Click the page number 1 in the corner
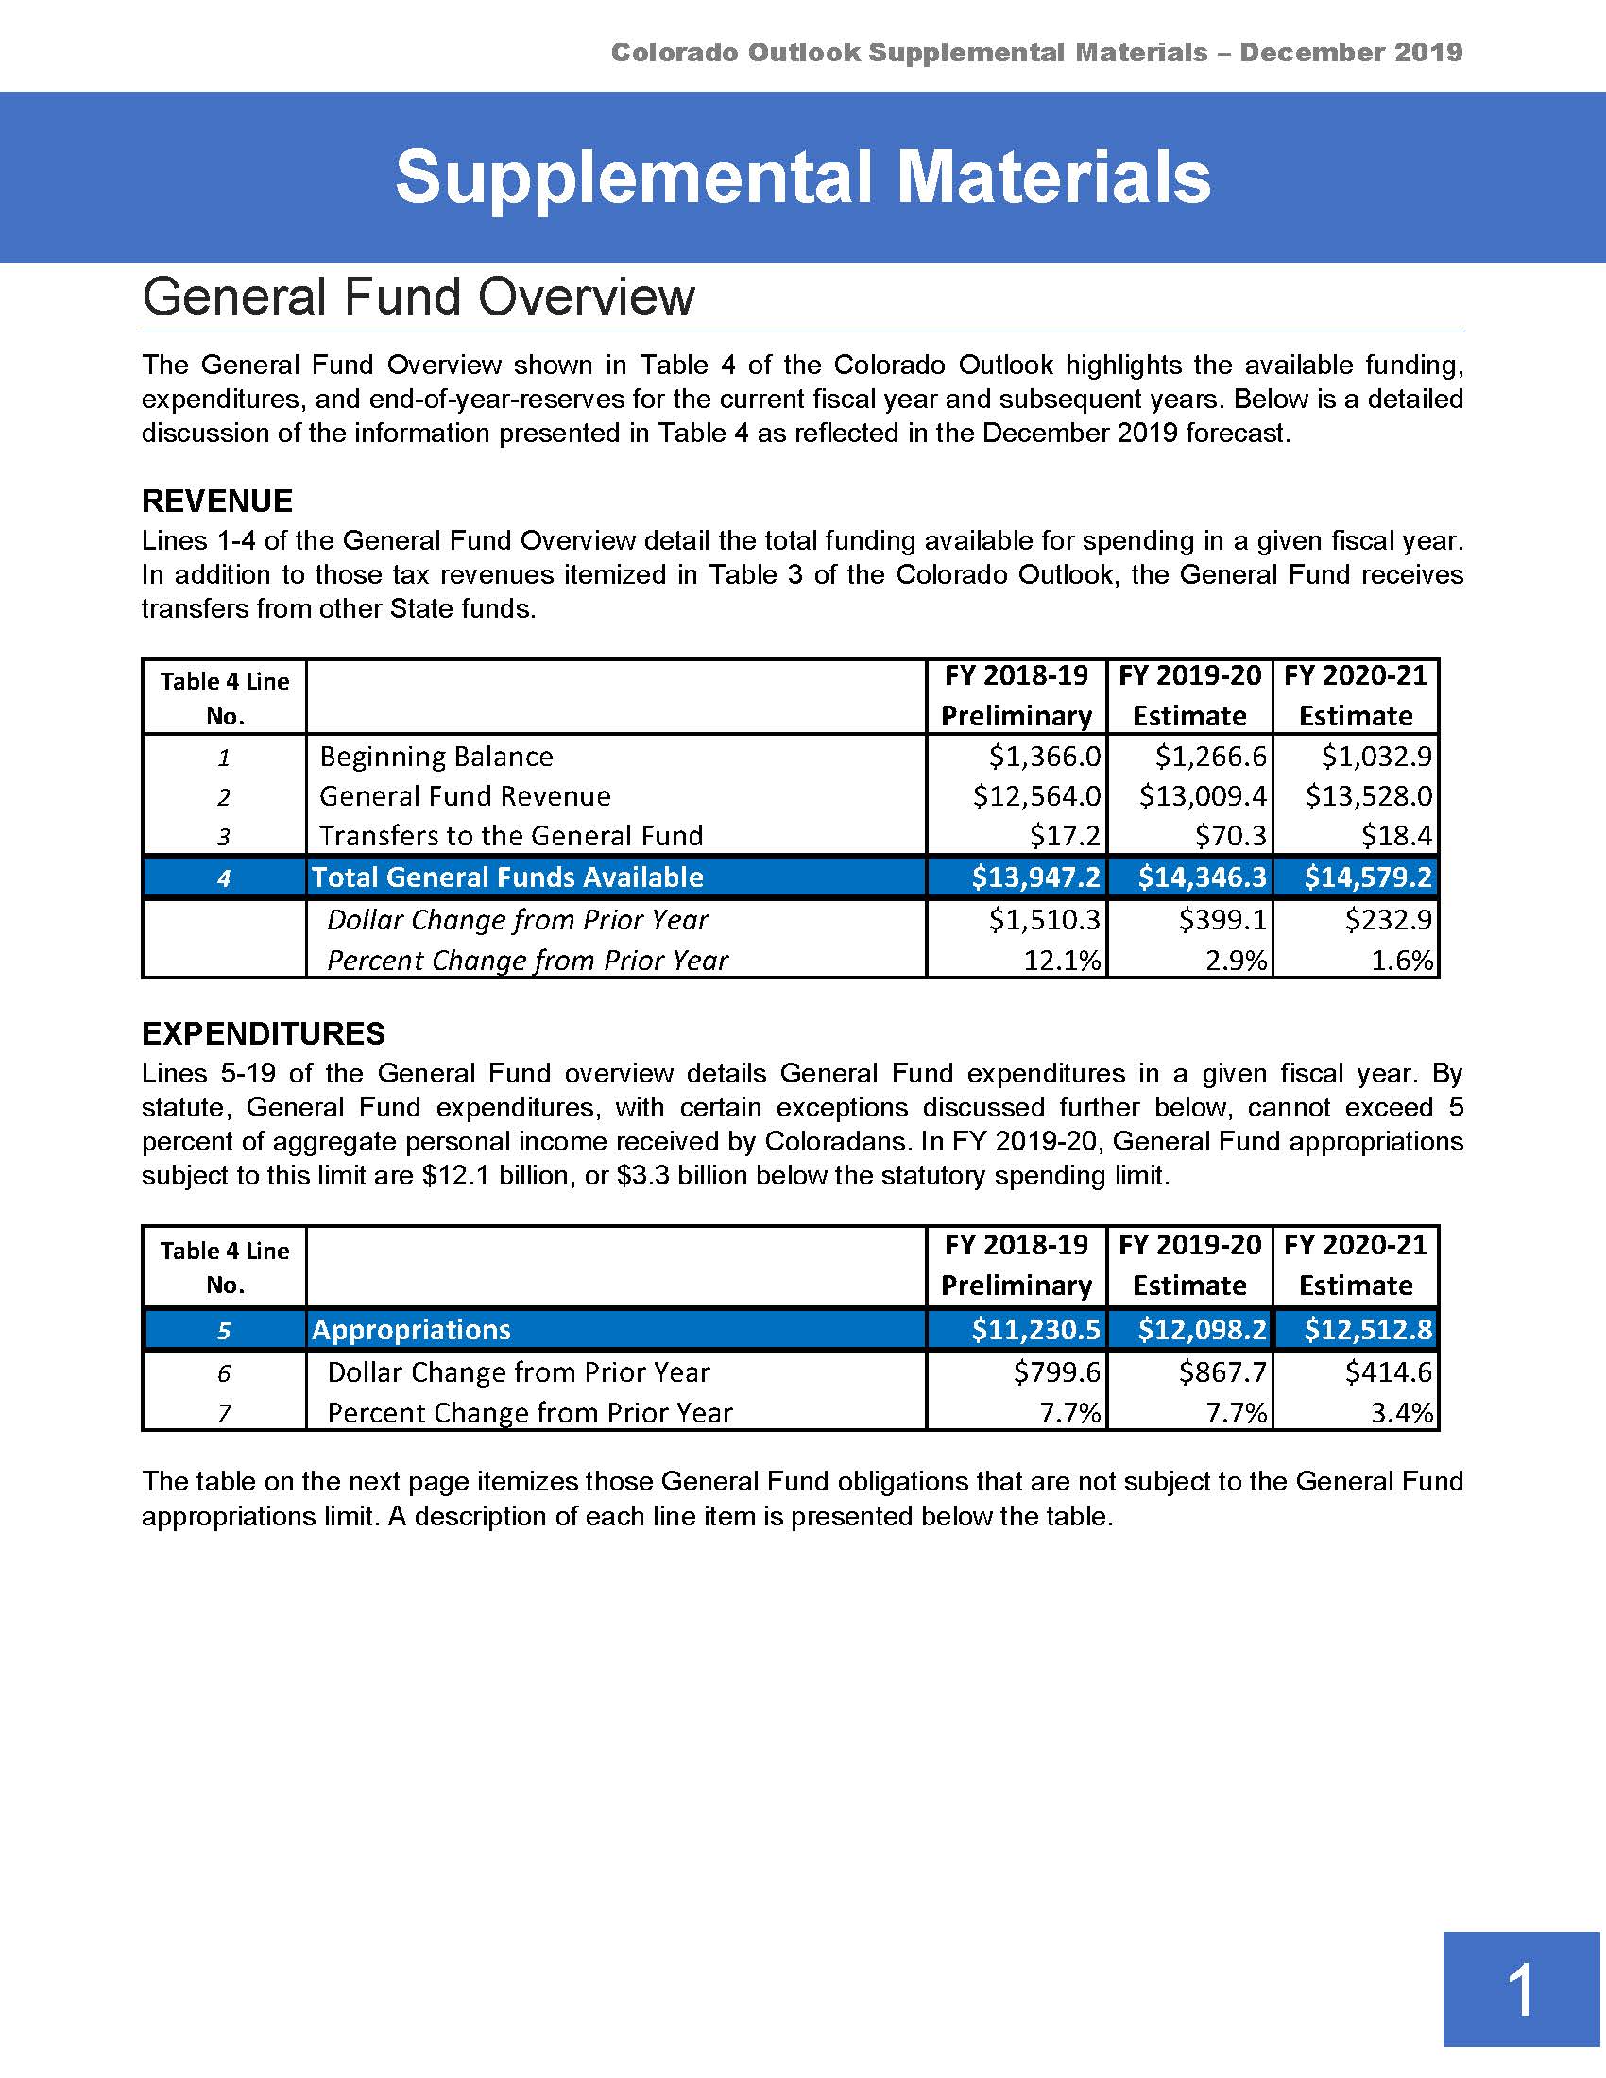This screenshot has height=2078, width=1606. click(x=1520, y=1990)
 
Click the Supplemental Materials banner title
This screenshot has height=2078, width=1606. click(x=802, y=178)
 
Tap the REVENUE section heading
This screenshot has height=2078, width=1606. click(x=217, y=502)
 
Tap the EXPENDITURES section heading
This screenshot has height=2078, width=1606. click(x=263, y=1033)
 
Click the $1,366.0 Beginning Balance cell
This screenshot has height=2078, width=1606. click(x=1044, y=757)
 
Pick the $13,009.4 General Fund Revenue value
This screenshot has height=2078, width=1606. click(x=1203, y=796)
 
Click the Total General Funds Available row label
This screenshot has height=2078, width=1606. click(x=507, y=877)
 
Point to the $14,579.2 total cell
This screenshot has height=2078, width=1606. click(x=1367, y=877)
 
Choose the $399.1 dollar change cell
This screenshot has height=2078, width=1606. click(x=1222, y=920)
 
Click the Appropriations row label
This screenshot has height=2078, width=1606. click(x=411, y=1329)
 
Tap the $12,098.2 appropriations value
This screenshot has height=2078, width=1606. click(x=1203, y=1329)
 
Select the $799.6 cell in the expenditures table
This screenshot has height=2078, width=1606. click(x=1056, y=1372)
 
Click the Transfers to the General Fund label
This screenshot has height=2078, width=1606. click(x=511, y=836)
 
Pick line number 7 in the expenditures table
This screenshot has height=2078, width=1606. click(x=225, y=1414)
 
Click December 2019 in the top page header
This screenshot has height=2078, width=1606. click(x=1351, y=52)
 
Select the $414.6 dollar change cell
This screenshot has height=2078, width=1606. click(x=1388, y=1372)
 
